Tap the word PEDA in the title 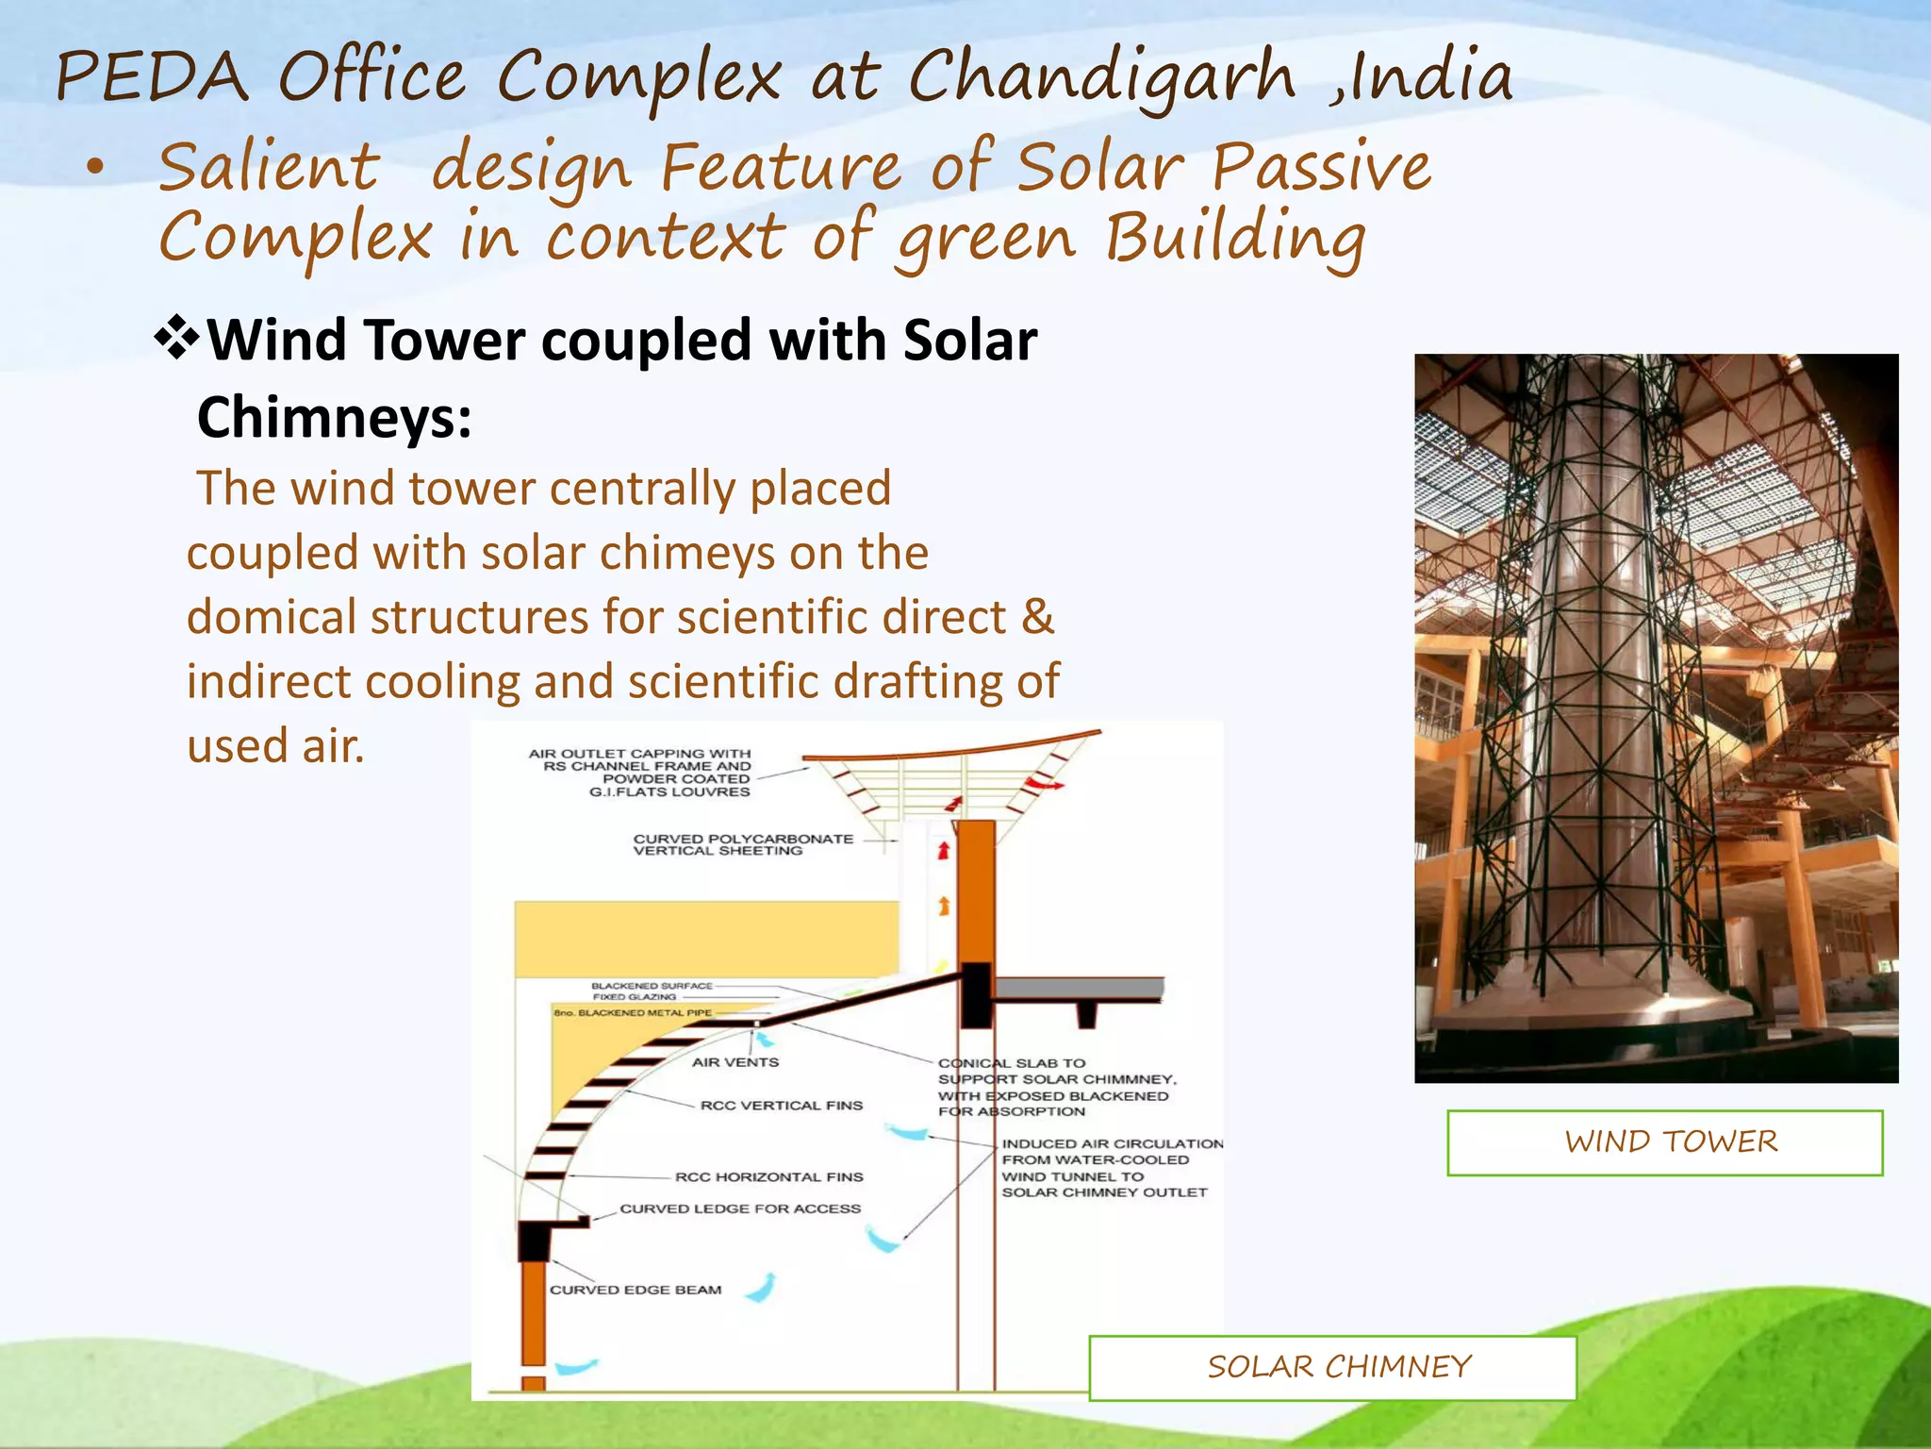151,77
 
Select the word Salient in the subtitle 269,168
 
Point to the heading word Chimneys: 334,418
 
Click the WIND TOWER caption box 1664,1142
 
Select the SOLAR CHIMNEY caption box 1332,1367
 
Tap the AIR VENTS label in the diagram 735,1062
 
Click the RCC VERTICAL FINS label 781,1105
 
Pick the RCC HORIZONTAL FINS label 768,1176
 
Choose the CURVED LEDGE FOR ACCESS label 740,1208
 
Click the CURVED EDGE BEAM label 635,1290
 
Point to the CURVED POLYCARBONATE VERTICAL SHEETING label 742,844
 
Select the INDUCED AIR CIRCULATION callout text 1111,1168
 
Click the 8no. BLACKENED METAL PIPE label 633,1012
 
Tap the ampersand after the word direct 1037,617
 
